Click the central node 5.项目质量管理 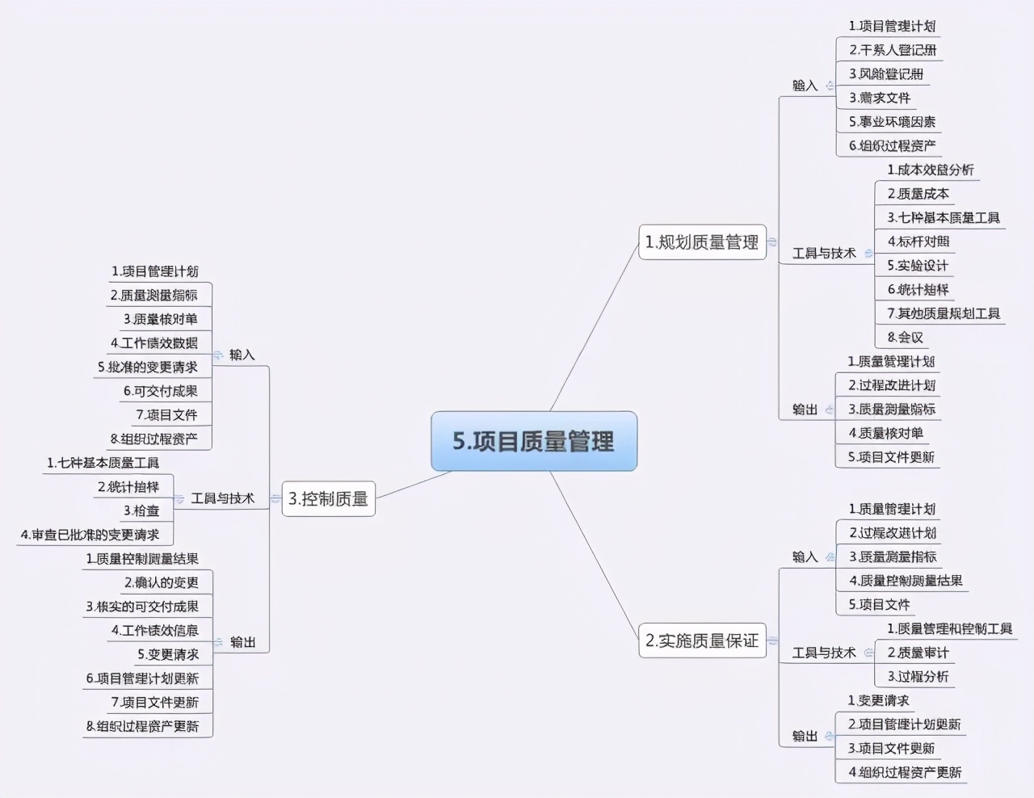pyautogui.click(x=533, y=441)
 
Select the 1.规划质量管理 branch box pyautogui.click(x=702, y=242)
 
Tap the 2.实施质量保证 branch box pyautogui.click(x=702, y=641)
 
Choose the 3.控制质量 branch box pyautogui.click(x=328, y=499)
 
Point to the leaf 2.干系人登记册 pyautogui.click(x=893, y=50)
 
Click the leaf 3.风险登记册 pyautogui.click(x=886, y=74)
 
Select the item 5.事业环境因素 pyautogui.click(x=892, y=122)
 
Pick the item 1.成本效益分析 pyautogui.click(x=931, y=170)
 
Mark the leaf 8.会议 pyautogui.click(x=905, y=338)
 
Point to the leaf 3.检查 pyautogui.click(x=141, y=510)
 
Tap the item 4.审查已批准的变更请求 pyautogui.click(x=90, y=535)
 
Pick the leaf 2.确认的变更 pyautogui.click(x=161, y=582)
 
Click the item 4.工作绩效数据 pyautogui.click(x=154, y=343)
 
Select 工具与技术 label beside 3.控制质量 pyautogui.click(x=223, y=498)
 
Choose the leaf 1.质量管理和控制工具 pyautogui.click(x=949, y=628)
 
